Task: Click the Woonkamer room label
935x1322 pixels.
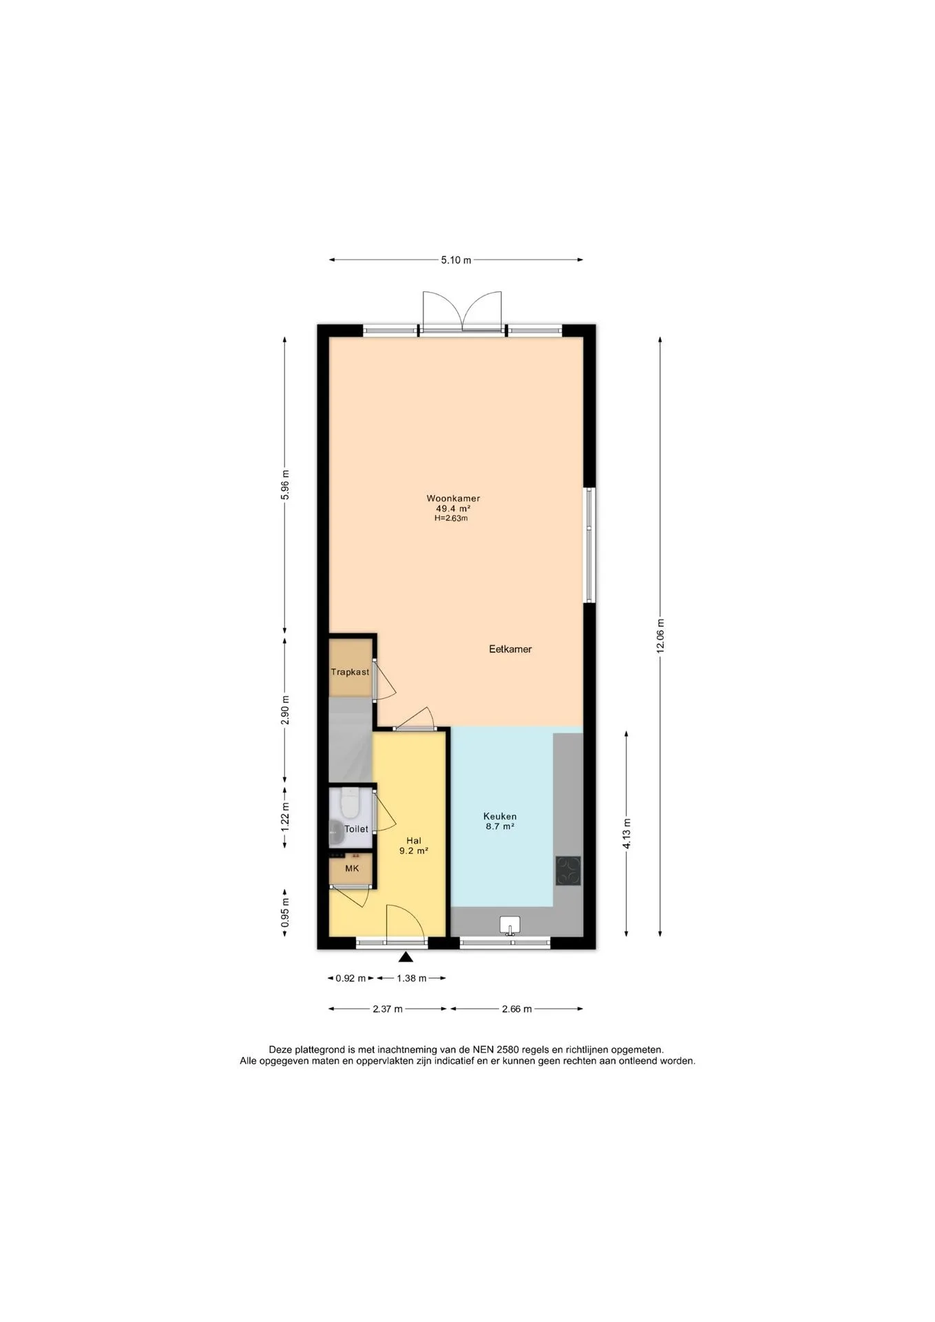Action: (x=453, y=499)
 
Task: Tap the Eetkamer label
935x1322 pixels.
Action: (x=510, y=649)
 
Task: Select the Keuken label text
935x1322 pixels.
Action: (x=500, y=817)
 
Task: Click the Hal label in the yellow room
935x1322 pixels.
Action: (x=414, y=841)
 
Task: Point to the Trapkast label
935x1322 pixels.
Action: (x=350, y=672)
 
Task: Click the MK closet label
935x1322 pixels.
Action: (x=352, y=868)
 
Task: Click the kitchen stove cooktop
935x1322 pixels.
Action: (x=568, y=870)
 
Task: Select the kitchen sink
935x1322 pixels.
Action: (x=509, y=925)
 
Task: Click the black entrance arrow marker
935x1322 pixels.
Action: (x=406, y=956)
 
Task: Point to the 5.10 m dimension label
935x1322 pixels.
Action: (x=456, y=260)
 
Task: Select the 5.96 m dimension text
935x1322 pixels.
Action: (x=286, y=486)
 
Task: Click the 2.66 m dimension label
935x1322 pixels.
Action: (x=517, y=1009)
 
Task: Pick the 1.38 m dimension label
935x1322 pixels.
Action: (x=412, y=978)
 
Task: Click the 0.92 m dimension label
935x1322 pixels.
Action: (x=351, y=978)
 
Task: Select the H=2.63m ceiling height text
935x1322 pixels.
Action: (x=451, y=518)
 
